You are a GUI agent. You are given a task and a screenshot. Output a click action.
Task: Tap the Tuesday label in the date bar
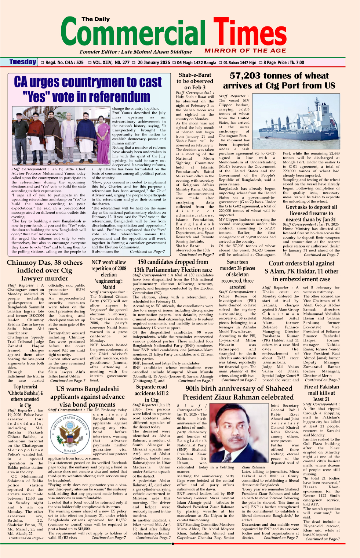(x=23, y=62)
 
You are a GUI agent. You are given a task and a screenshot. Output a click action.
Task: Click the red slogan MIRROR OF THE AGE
(x=245, y=51)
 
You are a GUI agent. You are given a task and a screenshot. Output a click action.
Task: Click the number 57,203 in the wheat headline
(x=246, y=76)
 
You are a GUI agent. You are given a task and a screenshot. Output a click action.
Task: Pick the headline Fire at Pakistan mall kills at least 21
(x=321, y=393)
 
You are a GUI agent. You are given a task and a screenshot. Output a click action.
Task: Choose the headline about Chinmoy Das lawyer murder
(x=45, y=271)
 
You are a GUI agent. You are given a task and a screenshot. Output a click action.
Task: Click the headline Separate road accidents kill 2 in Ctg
(x=151, y=393)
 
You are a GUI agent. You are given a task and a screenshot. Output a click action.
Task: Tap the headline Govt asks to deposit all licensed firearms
(x=311, y=213)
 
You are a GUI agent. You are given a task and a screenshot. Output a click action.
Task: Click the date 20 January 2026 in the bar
(x=154, y=63)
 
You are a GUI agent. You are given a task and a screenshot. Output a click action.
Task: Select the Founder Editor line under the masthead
(x=135, y=52)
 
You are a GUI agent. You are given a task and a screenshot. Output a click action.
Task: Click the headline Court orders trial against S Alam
(x=301, y=271)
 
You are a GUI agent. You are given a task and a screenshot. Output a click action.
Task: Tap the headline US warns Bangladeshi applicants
(x=87, y=396)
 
